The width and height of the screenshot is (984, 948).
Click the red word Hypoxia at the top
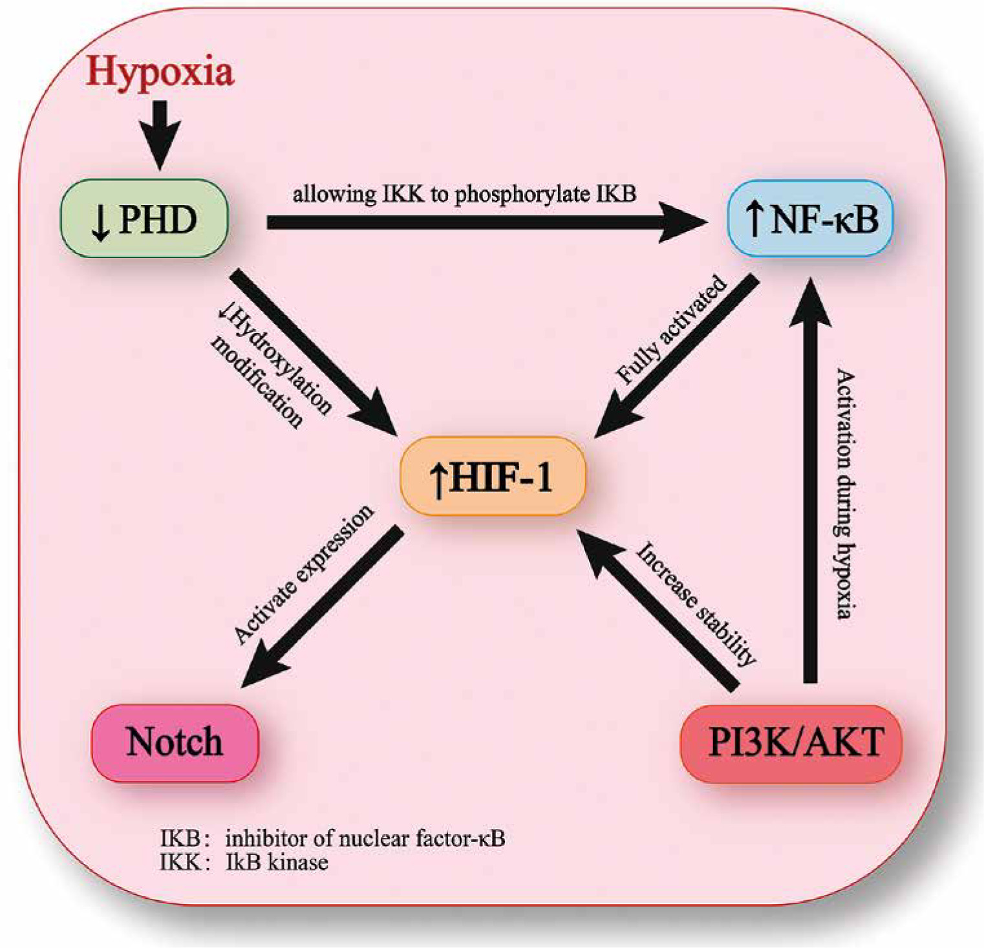[x=160, y=71]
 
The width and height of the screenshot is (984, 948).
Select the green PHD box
[x=144, y=219]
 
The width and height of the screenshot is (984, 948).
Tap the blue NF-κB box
[x=811, y=219]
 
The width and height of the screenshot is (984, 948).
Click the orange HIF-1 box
[x=493, y=477]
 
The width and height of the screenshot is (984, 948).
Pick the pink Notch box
[x=175, y=742]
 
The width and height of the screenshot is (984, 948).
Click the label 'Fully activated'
[x=670, y=330]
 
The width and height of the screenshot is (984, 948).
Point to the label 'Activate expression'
[x=303, y=574]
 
